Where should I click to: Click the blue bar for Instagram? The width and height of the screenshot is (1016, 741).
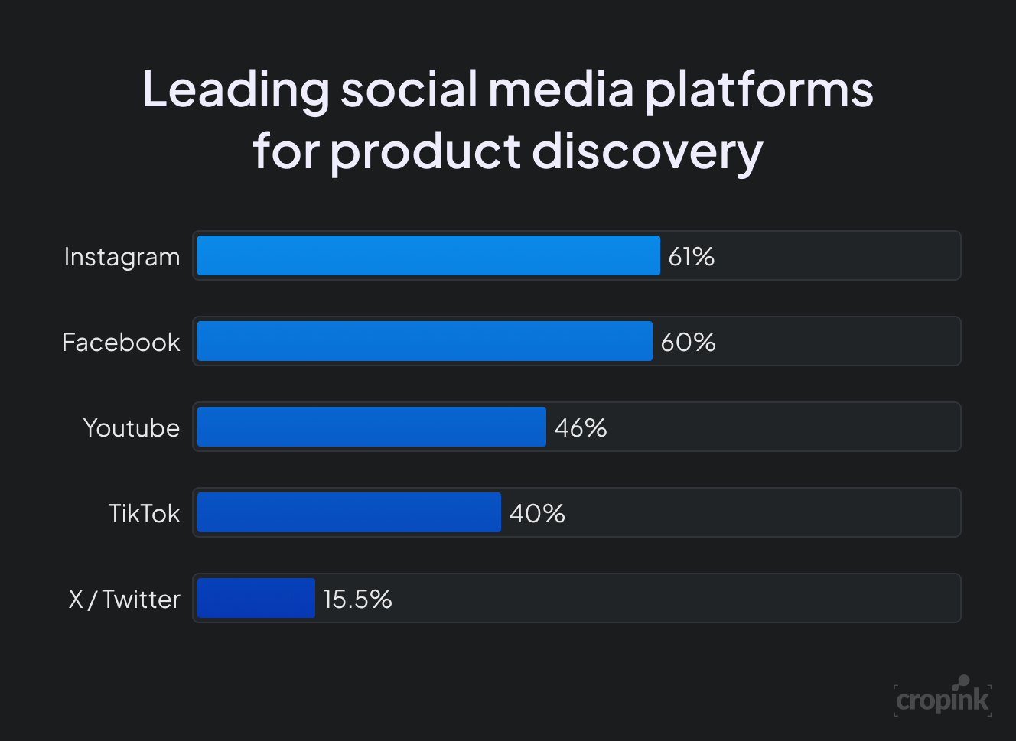[428, 255]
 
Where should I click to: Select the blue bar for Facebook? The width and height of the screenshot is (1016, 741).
[425, 341]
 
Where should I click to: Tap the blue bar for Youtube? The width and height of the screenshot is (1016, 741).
[372, 427]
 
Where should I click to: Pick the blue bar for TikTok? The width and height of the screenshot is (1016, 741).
[349, 512]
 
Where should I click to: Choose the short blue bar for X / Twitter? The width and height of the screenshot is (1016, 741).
[256, 598]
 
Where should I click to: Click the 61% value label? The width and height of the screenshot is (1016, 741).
[692, 257]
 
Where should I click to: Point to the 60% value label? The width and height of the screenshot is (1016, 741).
[689, 343]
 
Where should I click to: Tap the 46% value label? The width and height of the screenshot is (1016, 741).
[581, 428]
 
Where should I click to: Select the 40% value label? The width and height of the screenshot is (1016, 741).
[537, 514]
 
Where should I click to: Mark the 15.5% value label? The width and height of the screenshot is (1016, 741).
[357, 600]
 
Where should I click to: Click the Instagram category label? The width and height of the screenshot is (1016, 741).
[122, 258]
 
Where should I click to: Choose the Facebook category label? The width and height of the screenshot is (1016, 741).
[121, 343]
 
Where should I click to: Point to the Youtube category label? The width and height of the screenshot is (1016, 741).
[132, 428]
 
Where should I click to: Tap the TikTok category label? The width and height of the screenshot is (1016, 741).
[144, 514]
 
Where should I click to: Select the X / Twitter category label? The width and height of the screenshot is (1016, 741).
[125, 600]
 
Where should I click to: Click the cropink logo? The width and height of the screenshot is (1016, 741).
[943, 697]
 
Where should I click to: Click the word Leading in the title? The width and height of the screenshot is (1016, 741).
[235, 90]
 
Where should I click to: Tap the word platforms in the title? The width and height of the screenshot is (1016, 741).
[758, 90]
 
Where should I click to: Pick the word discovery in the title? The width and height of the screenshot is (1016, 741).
[647, 151]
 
